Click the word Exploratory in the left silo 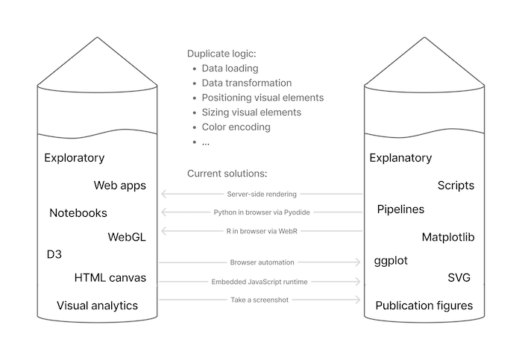click(x=74, y=158)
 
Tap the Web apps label click(x=119, y=186)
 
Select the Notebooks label click(x=78, y=213)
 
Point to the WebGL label click(x=127, y=238)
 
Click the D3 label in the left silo click(x=54, y=255)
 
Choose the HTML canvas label click(x=110, y=278)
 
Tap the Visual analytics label click(x=97, y=306)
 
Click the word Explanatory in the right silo click(x=400, y=158)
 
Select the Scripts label click(x=456, y=186)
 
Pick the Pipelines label click(x=400, y=209)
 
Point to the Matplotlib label click(x=448, y=238)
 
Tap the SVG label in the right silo click(x=459, y=278)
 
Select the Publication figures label click(x=424, y=306)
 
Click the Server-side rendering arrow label click(x=261, y=195)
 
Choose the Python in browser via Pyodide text click(x=261, y=212)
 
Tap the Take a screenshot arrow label click(x=261, y=300)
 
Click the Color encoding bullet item click(x=236, y=127)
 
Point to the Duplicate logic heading click(x=221, y=54)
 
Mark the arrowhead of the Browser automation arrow click(x=359, y=262)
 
